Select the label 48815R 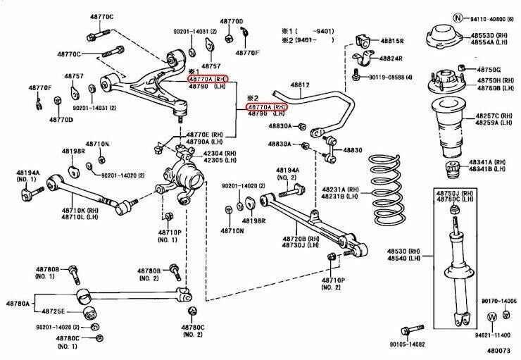pos(392,42)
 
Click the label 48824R pos(392,58)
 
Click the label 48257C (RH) pos(488,116)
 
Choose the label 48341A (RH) pos(489,161)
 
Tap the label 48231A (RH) pos(341,190)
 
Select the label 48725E pos(53,311)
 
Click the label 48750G pos(489,70)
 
